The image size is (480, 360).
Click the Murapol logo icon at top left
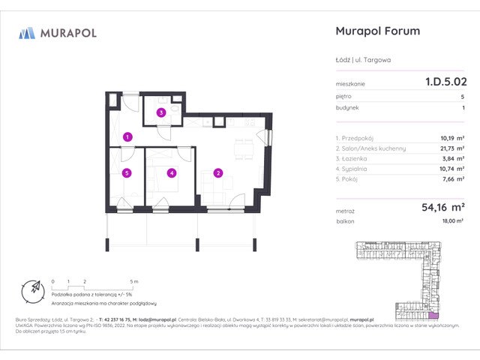point(27,32)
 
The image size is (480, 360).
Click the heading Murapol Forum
point(375,31)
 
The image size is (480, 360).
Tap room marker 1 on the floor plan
point(128,136)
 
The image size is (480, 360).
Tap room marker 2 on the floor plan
point(217,173)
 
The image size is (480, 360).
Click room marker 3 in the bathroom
point(160,113)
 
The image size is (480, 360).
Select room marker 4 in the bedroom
point(172,173)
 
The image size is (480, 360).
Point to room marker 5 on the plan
point(127,173)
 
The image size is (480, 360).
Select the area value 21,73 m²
point(451,148)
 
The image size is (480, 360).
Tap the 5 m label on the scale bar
point(133,280)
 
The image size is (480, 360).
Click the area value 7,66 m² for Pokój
point(453,180)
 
